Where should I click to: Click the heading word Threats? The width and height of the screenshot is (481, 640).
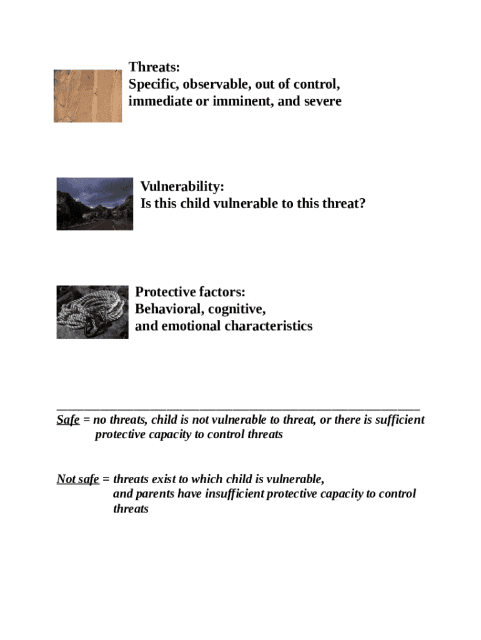[154, 67]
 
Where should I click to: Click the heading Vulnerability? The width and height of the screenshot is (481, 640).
[182, 187]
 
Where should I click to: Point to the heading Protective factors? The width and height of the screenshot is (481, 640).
[190, 292]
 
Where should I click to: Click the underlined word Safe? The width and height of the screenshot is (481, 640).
[67, 420]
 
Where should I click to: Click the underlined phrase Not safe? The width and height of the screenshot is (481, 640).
[78, 479]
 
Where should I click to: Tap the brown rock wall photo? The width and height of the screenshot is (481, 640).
[87, 96]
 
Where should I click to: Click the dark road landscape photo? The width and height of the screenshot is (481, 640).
[95, 204]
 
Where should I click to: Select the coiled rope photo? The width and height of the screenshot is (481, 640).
[92, 312]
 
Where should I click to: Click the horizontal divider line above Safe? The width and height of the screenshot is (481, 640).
[237, 406]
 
